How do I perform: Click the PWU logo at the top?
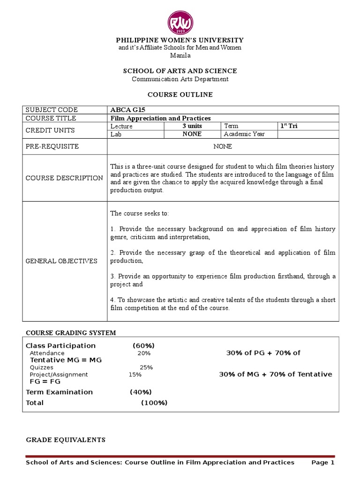click(180, 22)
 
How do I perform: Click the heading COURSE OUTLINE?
click(180, 95)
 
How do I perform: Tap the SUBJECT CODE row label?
click(52, 110)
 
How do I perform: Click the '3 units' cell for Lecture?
click(192, 126)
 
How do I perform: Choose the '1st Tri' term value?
click(289, 126)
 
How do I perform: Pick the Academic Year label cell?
click(244, 134)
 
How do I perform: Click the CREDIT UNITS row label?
click(50, 130)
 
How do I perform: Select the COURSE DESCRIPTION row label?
click(64, 178)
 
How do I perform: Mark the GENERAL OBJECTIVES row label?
click(61, 261)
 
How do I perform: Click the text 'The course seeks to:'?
click(139, 213)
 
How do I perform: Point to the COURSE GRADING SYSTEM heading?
click(70, 333)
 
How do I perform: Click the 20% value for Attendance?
click(144, 353)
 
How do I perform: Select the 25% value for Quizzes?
click(146, 367)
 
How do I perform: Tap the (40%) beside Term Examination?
click(141, 392)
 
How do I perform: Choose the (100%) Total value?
click(154, 403)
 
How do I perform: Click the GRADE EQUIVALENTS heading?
click(65, 440)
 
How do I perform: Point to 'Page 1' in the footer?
click(323, 463)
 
